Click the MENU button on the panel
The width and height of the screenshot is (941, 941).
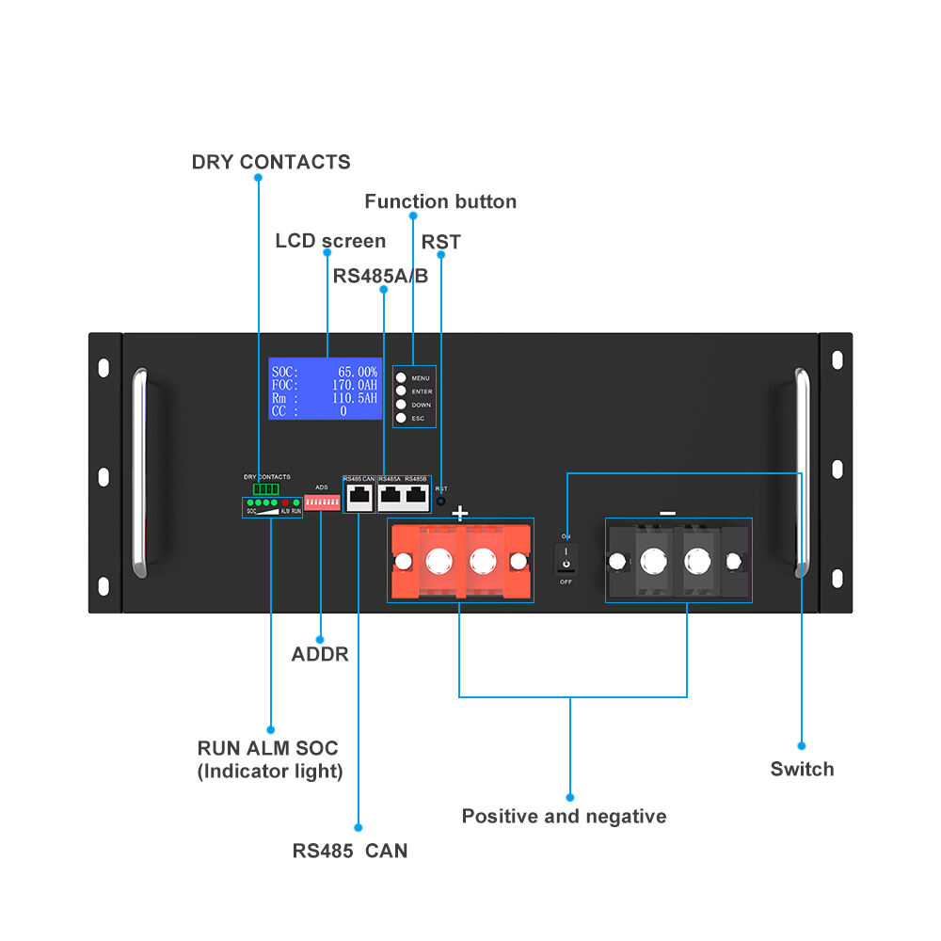coord(401,377)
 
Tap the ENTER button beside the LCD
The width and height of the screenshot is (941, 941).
coord(401,391)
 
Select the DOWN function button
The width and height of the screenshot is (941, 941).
coord(401,405)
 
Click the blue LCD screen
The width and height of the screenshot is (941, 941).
coord(325,389)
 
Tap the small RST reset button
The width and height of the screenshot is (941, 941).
coord(440,502)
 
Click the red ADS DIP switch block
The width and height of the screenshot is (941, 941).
coord(322,504)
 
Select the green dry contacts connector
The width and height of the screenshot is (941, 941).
coord(266,489)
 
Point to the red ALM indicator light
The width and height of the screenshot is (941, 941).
coord(285,504)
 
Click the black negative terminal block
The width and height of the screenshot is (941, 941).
coord(677,562)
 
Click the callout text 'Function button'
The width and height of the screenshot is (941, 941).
coord(440,201)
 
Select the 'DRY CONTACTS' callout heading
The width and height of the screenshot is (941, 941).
coord(271,162)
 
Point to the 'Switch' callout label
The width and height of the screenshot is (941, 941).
coord(802,769)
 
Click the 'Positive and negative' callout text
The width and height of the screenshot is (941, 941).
coord(564,816)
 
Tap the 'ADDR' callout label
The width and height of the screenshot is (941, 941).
coord(320,654)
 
